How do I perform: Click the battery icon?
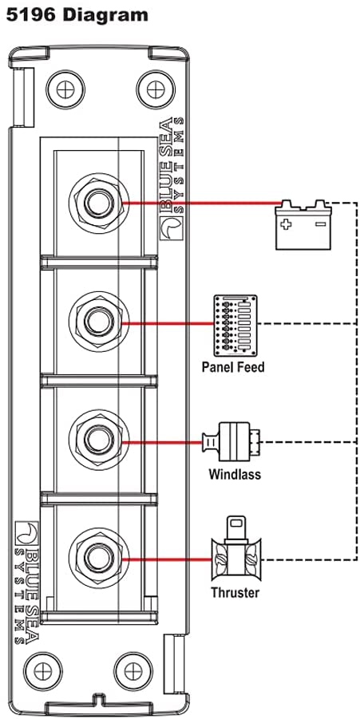pyautogui.click(x=303, y=225)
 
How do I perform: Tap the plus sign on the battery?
pyautogui.click(x=287, y=225)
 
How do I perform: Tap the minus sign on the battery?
pyautogui.click(x=320, y=224)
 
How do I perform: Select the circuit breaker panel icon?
pyautogui.click(x=235, y=326)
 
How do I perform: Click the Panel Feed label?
pyautogui.click(x=233, y=367)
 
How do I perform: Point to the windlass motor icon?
pyautogui.click(x=231, y=443)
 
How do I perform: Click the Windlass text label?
pyautogui.click(x=235, y=474)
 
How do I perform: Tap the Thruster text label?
pyautogui.click(x=235, y=592)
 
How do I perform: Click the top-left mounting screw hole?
pyautogui.click(x=65, y=89)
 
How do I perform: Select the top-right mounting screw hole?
pyautogui.click(x=156, y=89)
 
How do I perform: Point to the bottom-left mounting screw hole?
pyautogui.click(x=42, y=671)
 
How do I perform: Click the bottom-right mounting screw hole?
pyautogui.click(x=133, y=671)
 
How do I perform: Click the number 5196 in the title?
pyautogui.click(x=30, y=15)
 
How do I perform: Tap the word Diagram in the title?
pyautogui.click(x=105, y=15)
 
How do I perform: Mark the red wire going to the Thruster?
pyautogui.click(x=170, y=559)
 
